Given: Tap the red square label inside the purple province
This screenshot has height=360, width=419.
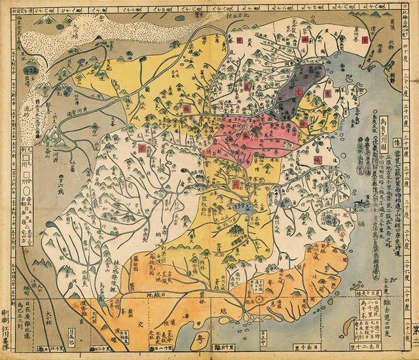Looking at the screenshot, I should click(x=299, y=92).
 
